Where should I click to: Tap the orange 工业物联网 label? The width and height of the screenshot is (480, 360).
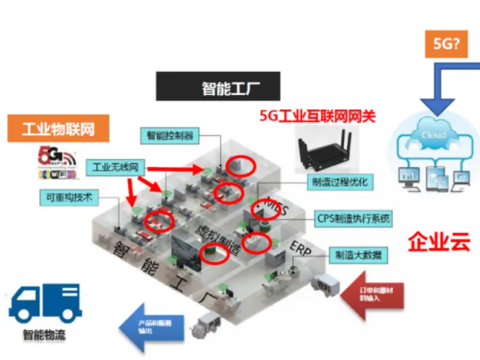pos(58,130)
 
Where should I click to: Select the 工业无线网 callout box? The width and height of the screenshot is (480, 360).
pos(115,167)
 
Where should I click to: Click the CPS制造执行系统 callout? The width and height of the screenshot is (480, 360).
pos(353,217)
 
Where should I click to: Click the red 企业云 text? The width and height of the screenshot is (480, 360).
pos(439,241)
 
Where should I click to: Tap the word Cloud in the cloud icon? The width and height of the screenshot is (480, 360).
pos(433,135)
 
